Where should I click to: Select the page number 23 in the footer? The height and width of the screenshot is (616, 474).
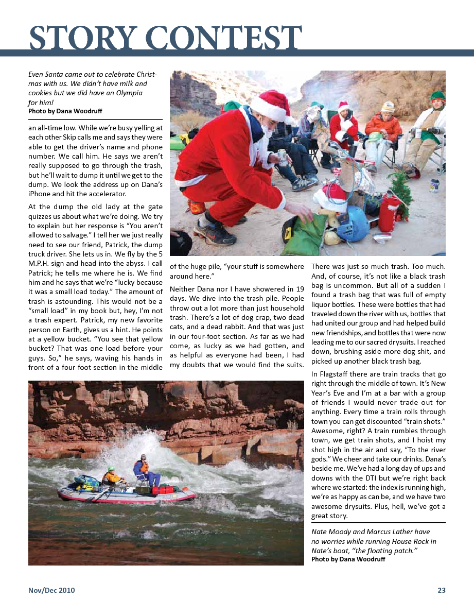pos(441,590)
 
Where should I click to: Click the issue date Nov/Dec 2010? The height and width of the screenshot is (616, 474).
pos(51,590)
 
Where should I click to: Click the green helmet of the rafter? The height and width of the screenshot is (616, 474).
pos(111,469)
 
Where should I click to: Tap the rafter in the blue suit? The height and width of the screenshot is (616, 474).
pos(142,470)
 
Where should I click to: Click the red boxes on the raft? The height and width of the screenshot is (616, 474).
pos(165,489)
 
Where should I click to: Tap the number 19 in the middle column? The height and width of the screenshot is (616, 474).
pos(300,289)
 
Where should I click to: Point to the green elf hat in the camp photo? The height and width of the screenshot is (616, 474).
pos(438,96)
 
